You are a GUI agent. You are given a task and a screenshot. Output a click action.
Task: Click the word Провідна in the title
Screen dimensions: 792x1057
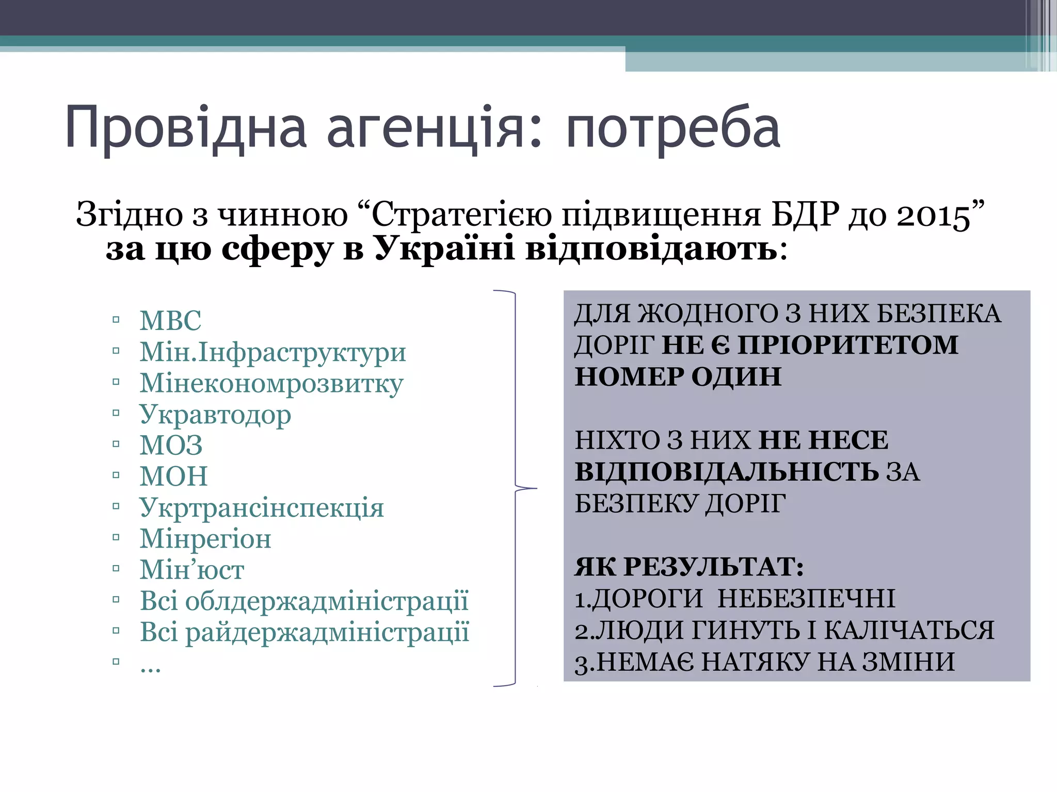(186, 128)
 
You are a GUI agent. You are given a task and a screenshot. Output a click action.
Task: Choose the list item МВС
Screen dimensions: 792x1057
(170, 320)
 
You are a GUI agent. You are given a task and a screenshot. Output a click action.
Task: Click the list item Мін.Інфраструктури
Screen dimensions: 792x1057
(273, 352)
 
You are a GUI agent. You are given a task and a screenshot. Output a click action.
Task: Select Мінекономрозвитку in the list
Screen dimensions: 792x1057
(271, 384)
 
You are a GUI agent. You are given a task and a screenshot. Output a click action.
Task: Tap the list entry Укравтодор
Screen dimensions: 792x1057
(215, 415)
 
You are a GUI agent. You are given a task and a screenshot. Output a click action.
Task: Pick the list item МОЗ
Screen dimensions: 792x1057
(171, 445)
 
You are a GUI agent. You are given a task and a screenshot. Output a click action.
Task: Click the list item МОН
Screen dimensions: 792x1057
(173, 476)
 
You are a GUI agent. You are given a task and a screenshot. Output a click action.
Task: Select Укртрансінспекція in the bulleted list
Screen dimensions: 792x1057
(262, 507)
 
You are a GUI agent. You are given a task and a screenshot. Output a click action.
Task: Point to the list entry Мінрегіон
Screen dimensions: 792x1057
(205, 539)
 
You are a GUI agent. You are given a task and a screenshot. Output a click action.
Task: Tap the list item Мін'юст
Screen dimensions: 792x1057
(192, 570)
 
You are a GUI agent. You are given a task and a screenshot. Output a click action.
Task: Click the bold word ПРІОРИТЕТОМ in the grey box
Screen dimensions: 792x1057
(847, 344)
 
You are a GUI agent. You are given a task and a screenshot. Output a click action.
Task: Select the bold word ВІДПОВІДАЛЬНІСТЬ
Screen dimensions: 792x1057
(727, 471)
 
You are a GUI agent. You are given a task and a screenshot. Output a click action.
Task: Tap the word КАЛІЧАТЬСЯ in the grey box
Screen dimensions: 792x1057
(908, 630)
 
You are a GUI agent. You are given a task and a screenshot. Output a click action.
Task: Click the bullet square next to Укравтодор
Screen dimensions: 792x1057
(116, 413)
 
